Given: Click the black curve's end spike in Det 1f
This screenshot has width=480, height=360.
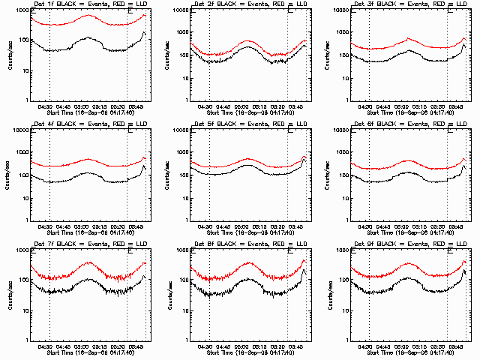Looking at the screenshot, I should point(142,33).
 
